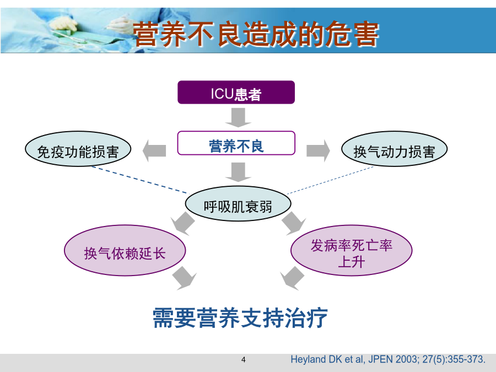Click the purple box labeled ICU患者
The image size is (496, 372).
pos(236,93)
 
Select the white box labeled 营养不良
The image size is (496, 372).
pos(236,143)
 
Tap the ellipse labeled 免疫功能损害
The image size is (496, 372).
pos(78,149)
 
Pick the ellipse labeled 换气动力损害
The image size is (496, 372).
pos(394,149)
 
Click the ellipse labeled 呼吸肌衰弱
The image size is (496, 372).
pos(238,204)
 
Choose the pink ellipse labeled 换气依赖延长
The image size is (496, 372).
pos(125,251)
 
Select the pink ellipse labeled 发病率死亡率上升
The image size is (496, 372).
pos(352,251)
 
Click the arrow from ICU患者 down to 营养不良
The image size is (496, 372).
pos(238,117)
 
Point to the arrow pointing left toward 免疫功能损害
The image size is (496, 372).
pos(154,150)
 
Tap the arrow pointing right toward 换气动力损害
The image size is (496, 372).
pos(318,150)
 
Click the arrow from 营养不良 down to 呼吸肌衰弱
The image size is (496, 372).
pos(238,172)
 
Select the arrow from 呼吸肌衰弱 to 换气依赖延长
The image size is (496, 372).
pos(184,223)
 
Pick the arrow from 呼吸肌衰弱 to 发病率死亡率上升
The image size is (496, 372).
pos(293,223)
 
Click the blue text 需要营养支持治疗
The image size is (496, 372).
pos(240,317)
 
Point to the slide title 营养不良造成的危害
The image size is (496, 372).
pos(256,34)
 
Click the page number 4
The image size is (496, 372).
pos(243,360)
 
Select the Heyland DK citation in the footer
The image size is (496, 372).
pos(388,359)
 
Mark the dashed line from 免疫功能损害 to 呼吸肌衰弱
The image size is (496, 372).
pos(140,180)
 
